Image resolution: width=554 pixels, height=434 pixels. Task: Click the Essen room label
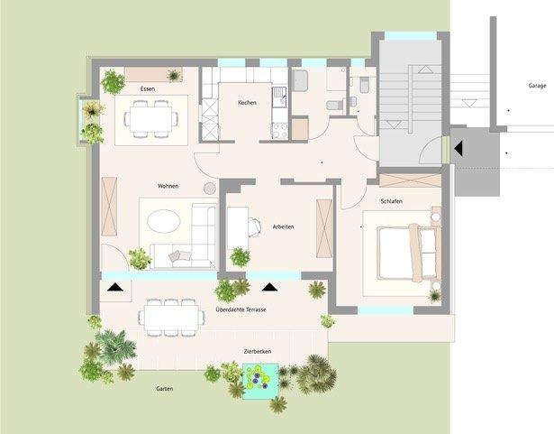(150, 89)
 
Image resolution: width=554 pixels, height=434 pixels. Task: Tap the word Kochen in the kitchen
(247, 103)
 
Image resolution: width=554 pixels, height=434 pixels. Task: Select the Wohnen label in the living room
(168, 186)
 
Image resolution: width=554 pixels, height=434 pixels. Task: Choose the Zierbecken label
(257, 350)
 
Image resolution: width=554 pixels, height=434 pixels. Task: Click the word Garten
(163, 388)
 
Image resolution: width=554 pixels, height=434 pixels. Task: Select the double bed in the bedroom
(407, 253)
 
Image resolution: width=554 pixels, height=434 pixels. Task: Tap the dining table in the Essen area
(150, 117)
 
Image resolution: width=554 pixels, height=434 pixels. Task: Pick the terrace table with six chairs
(170, 316)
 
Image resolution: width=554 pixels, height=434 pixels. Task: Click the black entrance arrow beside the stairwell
(458, 145)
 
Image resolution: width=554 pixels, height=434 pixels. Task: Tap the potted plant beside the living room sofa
(140, 259)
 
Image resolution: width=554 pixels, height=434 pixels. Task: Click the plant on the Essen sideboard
(114, 81)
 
